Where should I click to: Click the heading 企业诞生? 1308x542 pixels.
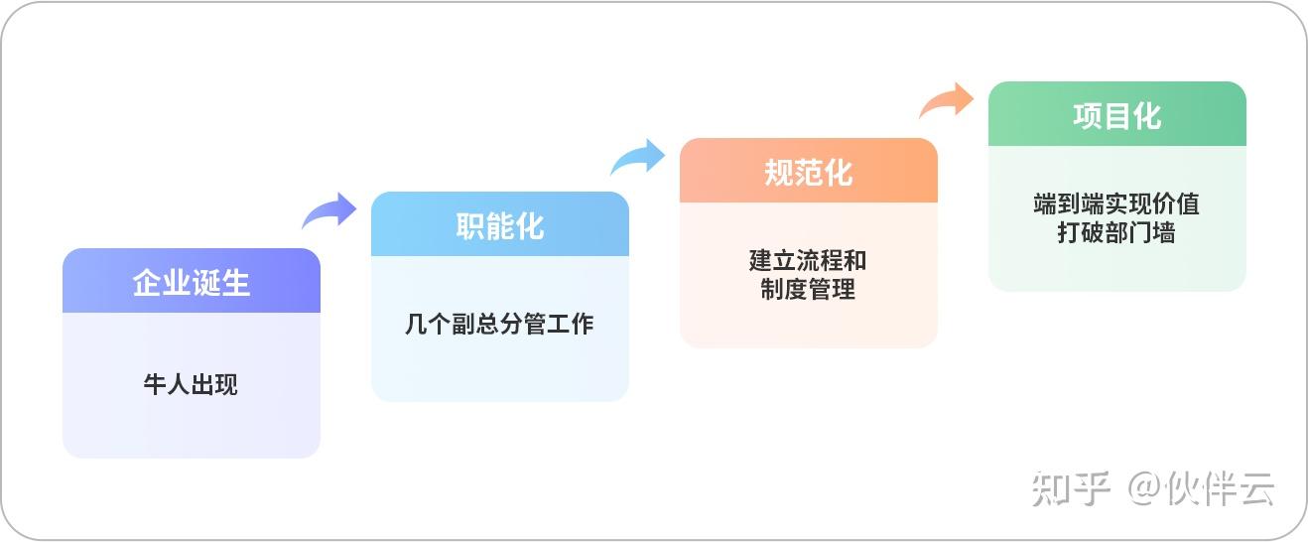pyautogui.click(x=192, y=283)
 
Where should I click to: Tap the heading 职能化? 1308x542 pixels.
pyautogui.click(x=500, y=226)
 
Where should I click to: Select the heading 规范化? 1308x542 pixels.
pyautogui.click(x=809, y=173)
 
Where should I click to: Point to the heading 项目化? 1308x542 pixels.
pyautogui.click(x=1117, y=116)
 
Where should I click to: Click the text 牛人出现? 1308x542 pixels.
pyautogui.click(x=192, y=384)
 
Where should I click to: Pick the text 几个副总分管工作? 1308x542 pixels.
pyautogui.click(x=500, y=324)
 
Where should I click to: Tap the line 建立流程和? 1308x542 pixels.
pyautogui.click(x=809, y=261)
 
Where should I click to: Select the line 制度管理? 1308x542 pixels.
pyautogui.click(x=809, y=290)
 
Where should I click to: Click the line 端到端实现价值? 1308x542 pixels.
pyautogui.click(x=1117, y=204)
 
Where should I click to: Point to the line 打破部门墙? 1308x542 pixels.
pyautogui.click(x=1117, y=234)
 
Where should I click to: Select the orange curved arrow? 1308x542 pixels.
pyautogui.click(x=947, y=101)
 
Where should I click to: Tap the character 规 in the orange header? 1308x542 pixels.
pyautogui.click(x=779, y=173)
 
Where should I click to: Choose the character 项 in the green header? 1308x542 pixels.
pyautogui.click(x=1088, y=116)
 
